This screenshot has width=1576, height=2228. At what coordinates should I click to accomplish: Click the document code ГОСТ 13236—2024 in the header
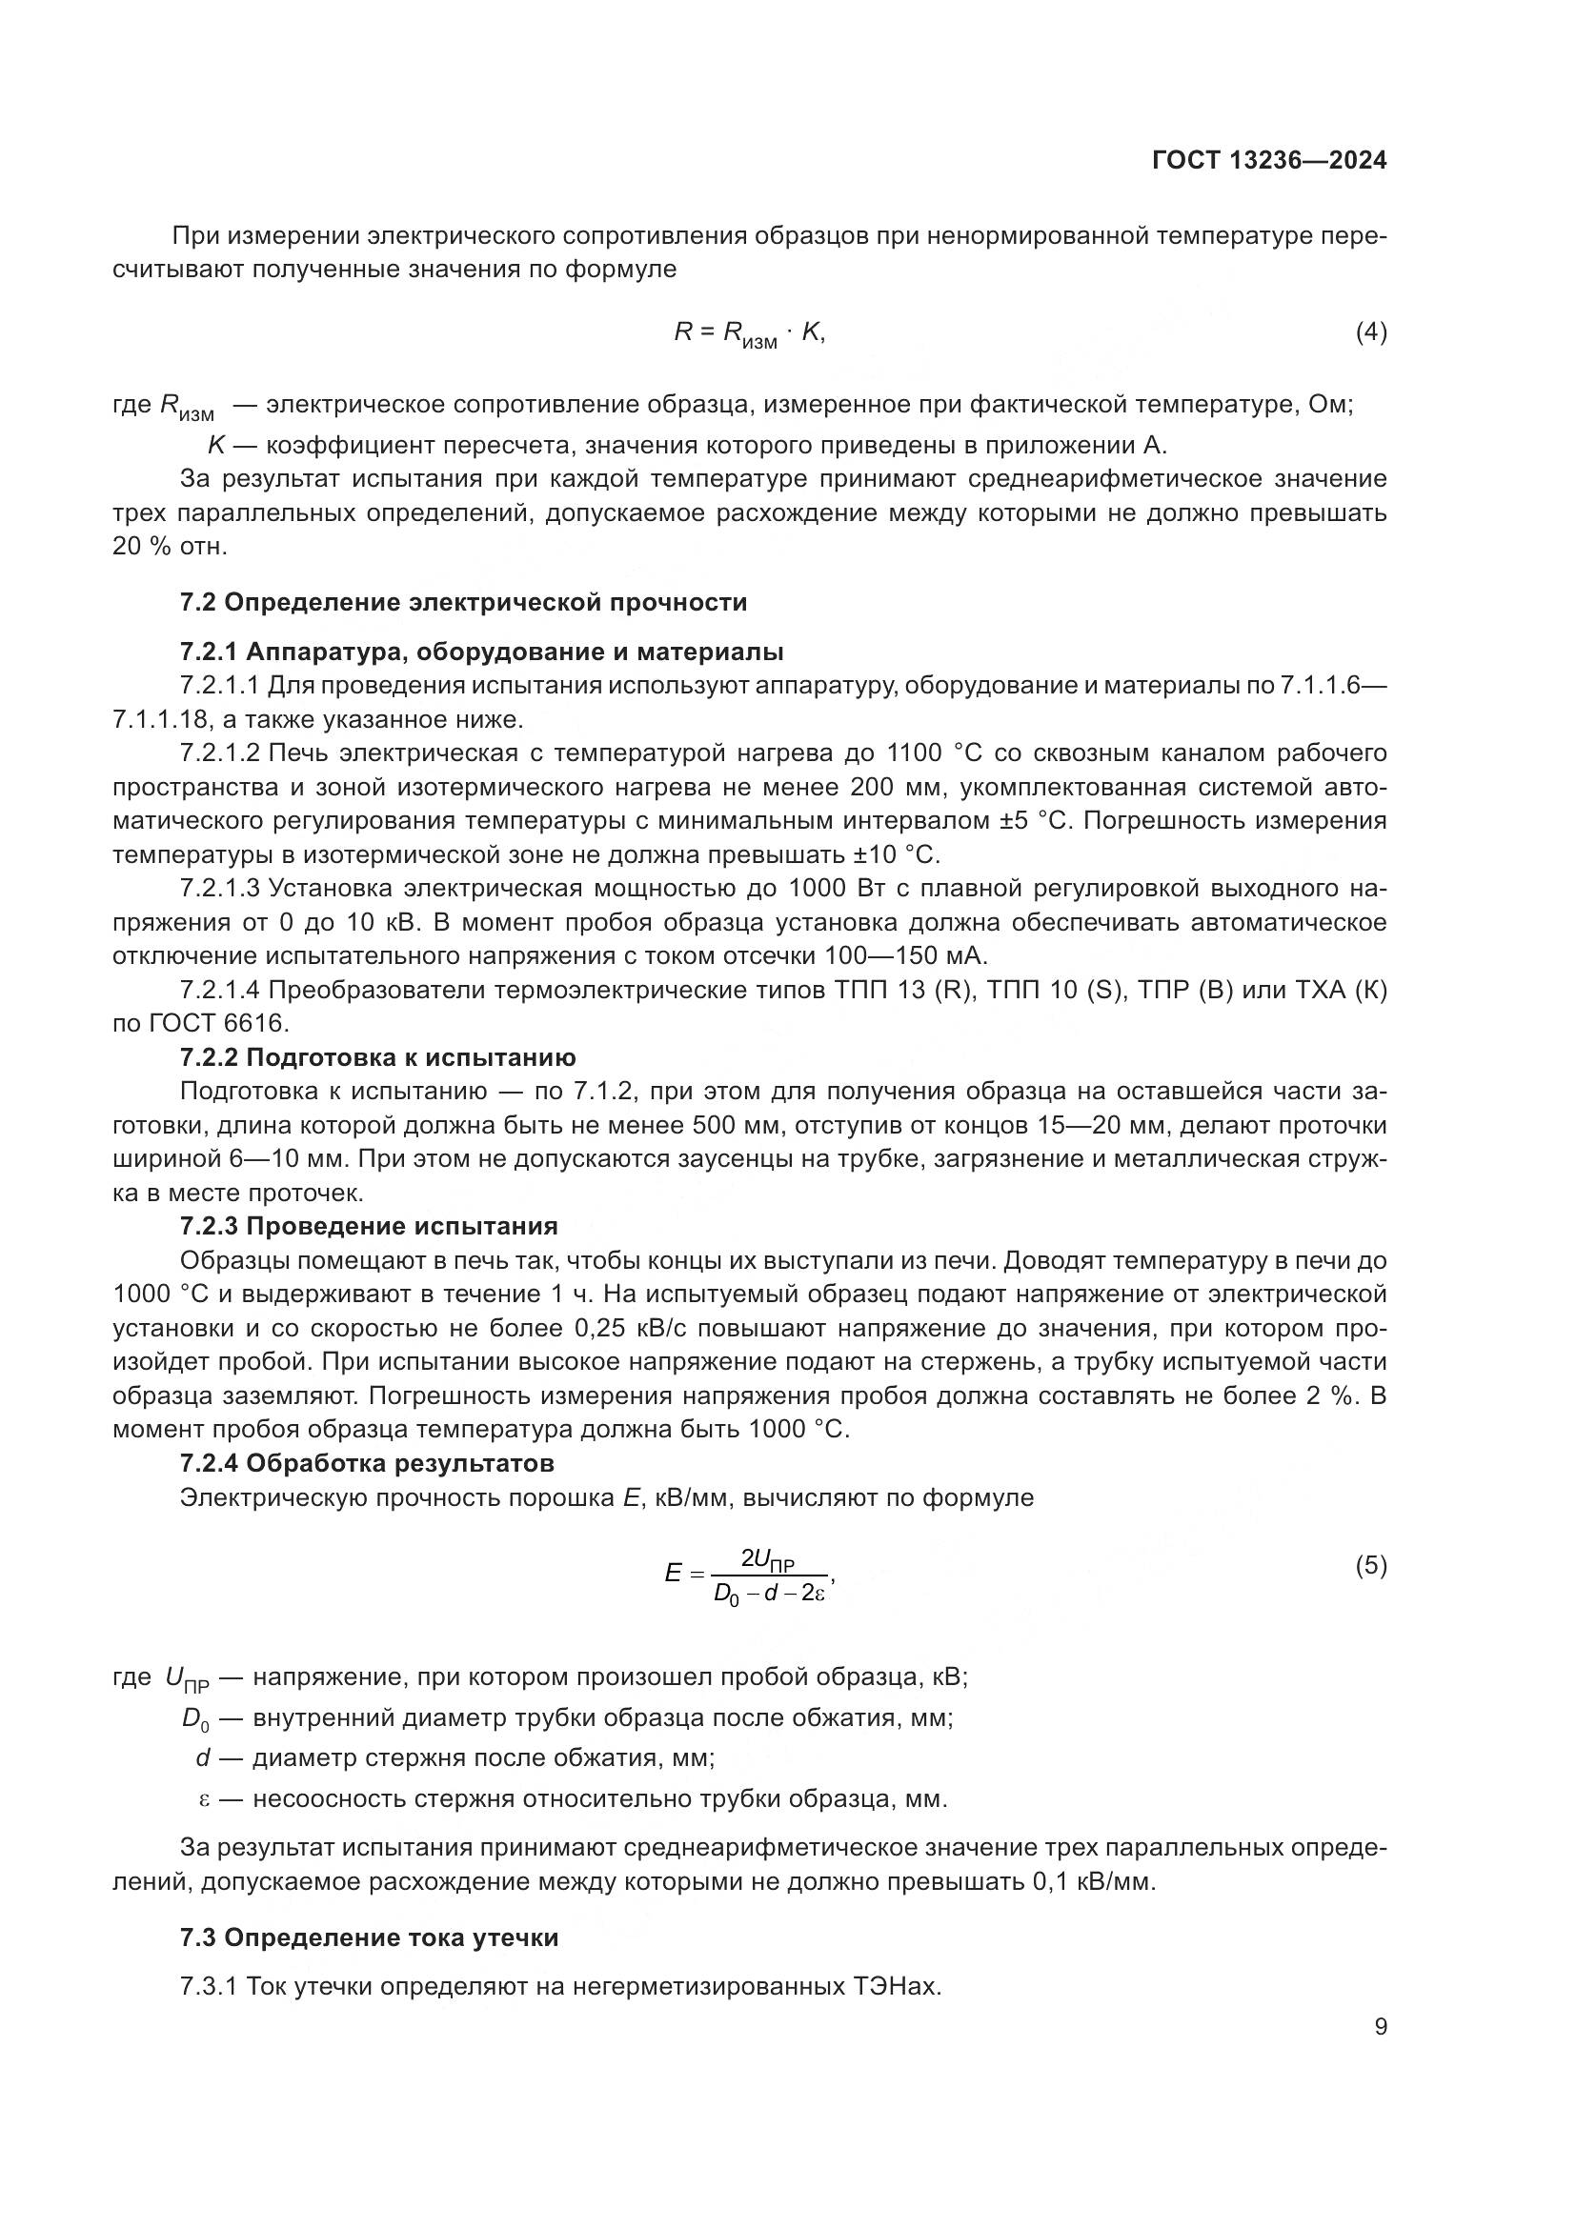point(1268,161)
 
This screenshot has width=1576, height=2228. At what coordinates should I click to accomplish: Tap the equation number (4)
point(1370,332)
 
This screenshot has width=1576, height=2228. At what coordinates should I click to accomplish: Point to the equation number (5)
point(1370,1565)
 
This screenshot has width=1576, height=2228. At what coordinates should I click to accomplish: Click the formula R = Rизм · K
point(749,333)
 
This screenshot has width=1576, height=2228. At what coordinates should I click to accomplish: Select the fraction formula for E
point(749,1575)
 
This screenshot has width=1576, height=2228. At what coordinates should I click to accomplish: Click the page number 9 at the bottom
point(1380,2027)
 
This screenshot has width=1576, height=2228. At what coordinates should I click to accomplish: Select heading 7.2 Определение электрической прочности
point(463,603)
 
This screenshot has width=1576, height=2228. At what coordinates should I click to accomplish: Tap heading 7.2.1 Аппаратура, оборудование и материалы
point(481,652)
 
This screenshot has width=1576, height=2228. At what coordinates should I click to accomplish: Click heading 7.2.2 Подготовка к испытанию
point(377,1057)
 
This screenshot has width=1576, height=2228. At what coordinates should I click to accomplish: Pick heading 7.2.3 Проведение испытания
point(369,1227)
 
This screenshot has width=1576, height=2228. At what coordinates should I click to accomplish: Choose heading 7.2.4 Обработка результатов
point(367,1463)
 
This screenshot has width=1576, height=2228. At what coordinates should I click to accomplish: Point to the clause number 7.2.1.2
point(220,753)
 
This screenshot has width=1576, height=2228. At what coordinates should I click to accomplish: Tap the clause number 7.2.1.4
point(220,991)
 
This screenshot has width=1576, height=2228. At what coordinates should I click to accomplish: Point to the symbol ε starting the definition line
point(204,1800)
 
